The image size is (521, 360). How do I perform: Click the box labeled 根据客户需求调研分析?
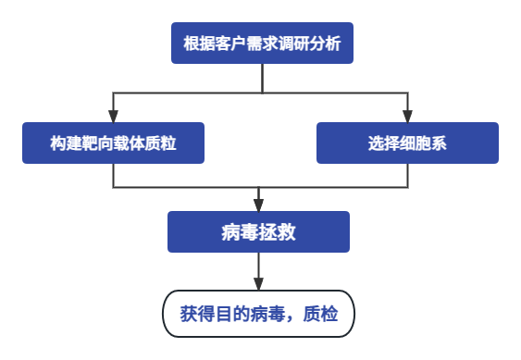click(262, 43)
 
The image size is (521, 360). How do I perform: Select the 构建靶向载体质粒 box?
click(113, 143)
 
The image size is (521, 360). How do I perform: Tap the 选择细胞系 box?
click(407, 143)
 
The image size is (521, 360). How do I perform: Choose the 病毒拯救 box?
click(258, 232)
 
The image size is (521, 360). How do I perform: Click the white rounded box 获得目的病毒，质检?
click(258, 314)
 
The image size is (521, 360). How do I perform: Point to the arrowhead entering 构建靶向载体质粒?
click(113, 117)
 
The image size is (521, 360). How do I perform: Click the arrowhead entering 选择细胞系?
click(407, 117)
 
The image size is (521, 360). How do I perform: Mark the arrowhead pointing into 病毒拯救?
click(258, 205)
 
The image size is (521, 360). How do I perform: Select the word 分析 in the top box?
click(326, 43)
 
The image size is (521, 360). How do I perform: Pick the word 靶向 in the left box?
click(97, 143)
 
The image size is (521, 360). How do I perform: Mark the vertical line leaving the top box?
click(262, 78)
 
